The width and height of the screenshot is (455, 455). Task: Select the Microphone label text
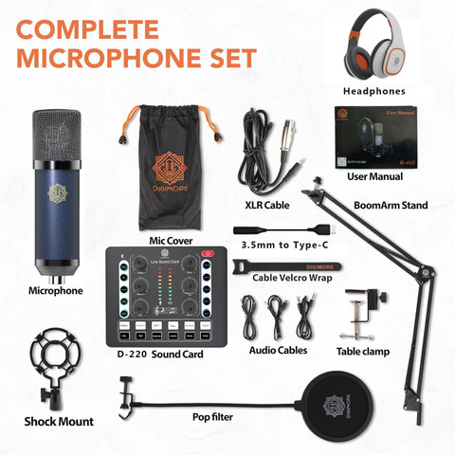coord(55,291)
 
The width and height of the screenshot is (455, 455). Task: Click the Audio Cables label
coord(279,350)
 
